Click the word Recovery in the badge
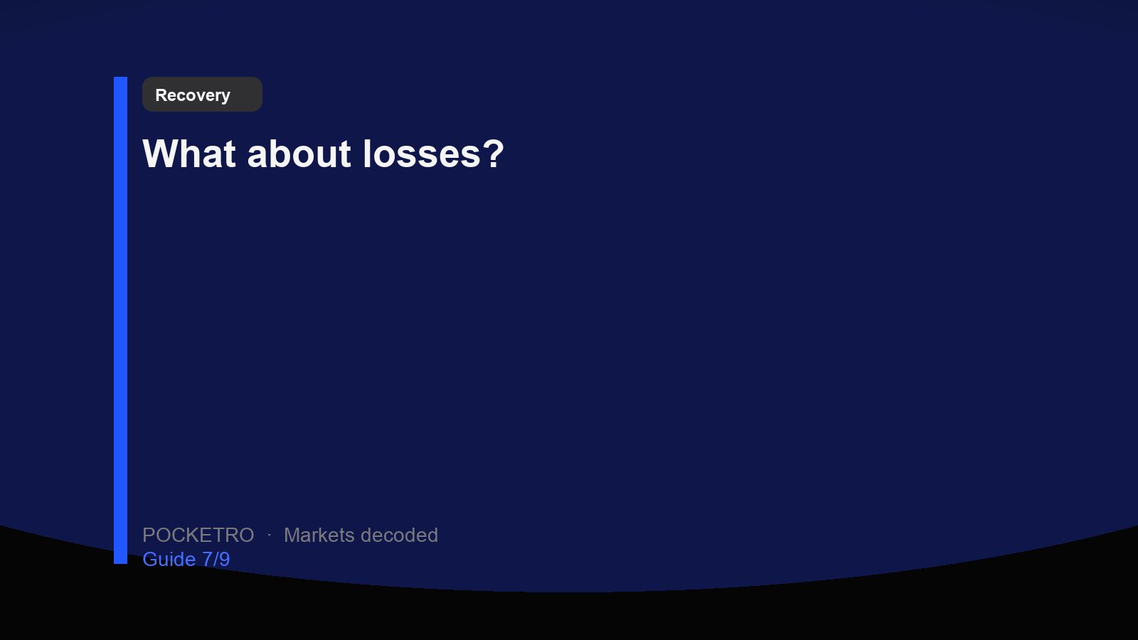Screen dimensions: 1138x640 (193, 95)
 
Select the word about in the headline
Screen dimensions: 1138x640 (299, 154)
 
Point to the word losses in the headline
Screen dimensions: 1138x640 (422, 154)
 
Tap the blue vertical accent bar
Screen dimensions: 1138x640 (120, 320)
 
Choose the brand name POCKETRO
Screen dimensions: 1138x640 (198, 535)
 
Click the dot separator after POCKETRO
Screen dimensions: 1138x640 (270, 535)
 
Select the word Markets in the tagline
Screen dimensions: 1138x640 (319, 535)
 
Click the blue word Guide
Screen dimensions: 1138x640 (169, 559)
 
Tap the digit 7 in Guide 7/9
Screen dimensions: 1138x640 (207, 559)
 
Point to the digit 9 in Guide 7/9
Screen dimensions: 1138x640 (225, 559)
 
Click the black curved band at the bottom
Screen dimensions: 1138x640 (569, 617)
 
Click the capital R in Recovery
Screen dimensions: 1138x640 (161, 95)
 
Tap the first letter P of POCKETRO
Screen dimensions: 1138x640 (149, 535)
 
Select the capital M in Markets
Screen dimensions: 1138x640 (292, 535)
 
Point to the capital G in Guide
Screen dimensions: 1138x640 (150, 559)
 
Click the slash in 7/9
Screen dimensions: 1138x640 (216, 559)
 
